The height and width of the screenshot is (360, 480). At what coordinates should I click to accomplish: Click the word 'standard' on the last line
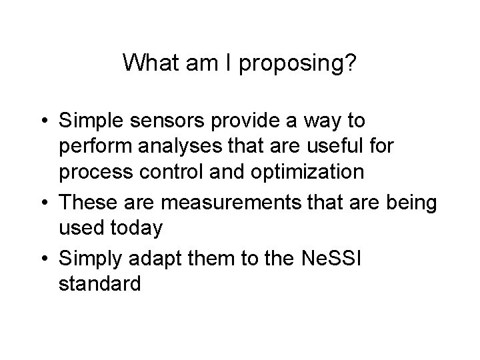point(100,283)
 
